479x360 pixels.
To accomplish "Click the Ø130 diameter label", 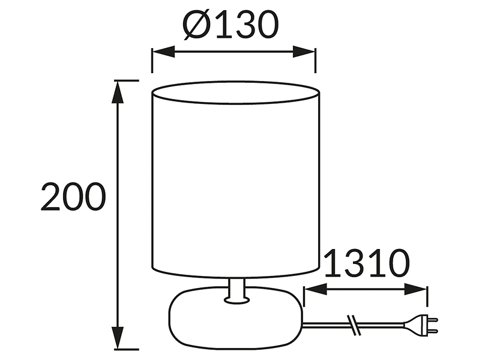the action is [x=230, y=25].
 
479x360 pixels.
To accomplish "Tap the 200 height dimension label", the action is [x=73, y=197].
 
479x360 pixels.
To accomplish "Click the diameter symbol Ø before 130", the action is [x=196, y=25].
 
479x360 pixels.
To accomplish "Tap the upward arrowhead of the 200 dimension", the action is [x=118, y=92].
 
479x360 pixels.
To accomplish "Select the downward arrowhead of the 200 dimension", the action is [x=118, y=337].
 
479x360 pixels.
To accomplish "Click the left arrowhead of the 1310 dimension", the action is [x=315, y=289].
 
